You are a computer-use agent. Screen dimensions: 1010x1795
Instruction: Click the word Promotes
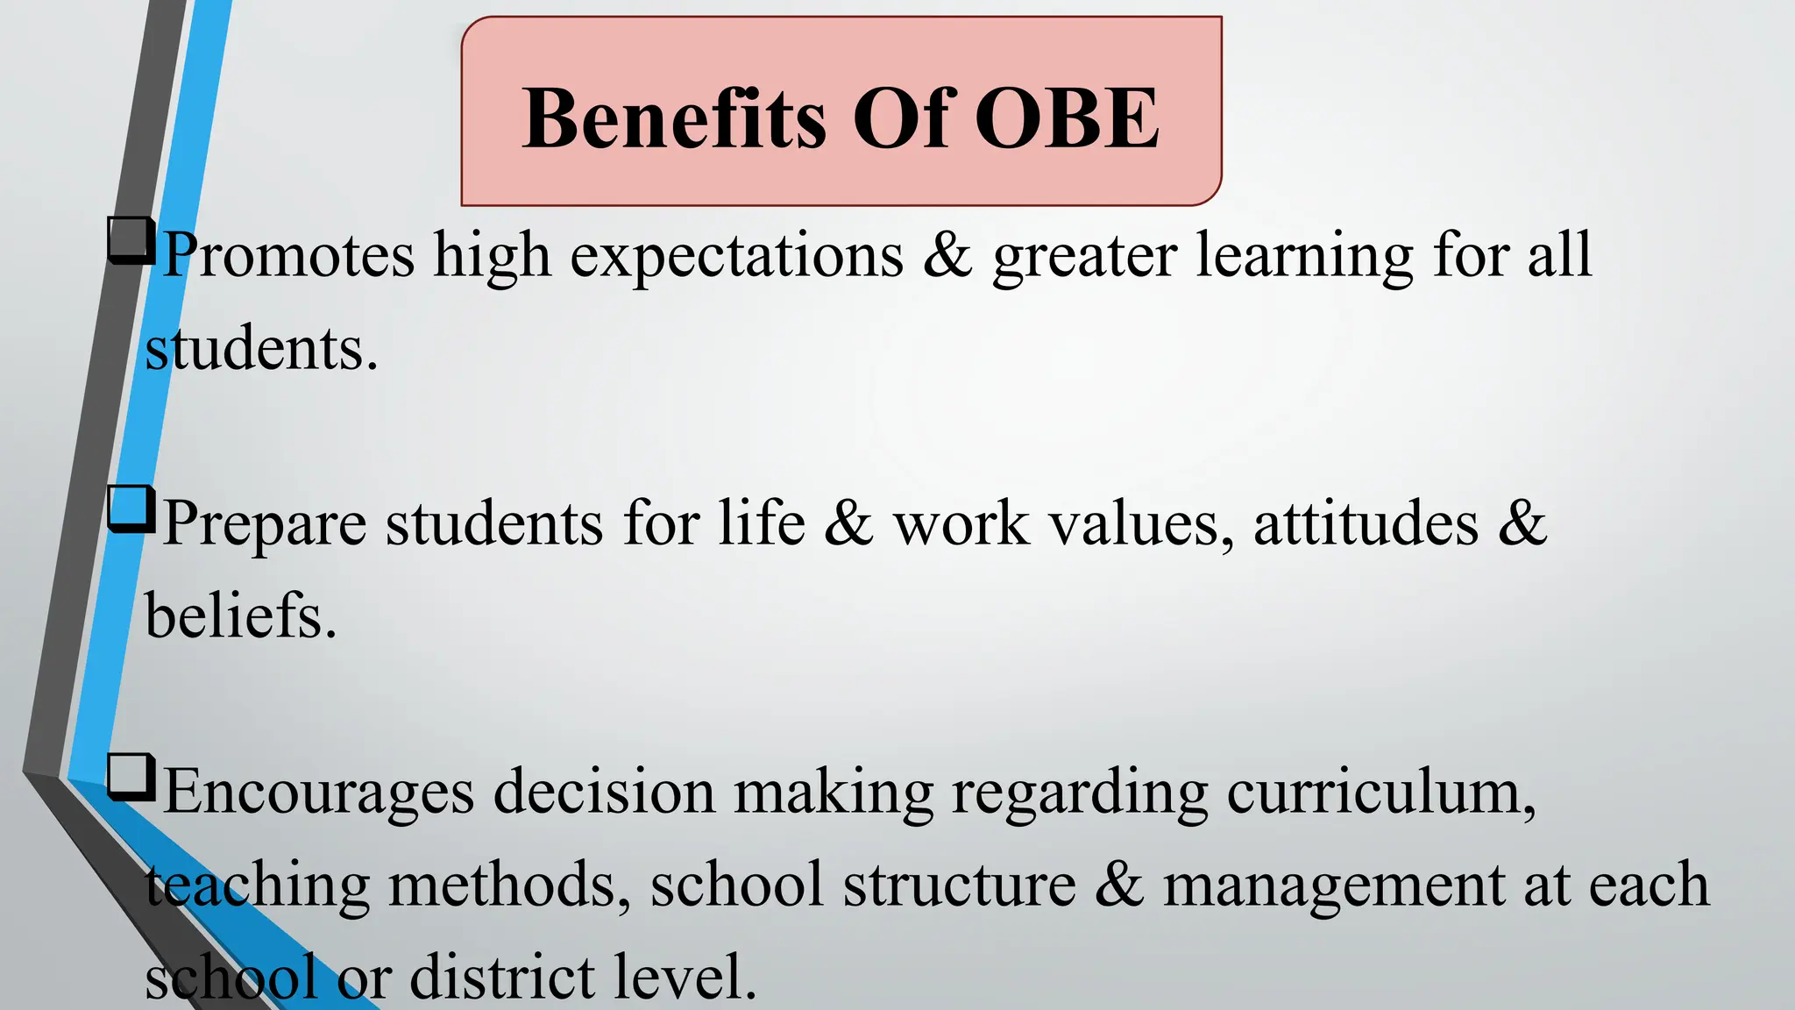click(x=288, y=255)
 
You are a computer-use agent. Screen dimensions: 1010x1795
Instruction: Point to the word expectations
click(x=737, y=257)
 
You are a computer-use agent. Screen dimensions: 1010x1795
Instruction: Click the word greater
click(x=1085, y=257)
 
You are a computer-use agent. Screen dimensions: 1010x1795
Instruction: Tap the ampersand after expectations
click(x=947, y=255)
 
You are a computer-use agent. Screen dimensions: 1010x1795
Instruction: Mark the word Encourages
click(x=319, y=792)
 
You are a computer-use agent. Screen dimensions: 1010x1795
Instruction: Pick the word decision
click(x=605, y=792)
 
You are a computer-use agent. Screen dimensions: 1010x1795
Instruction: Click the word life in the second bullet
click(x=762, y=523)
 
